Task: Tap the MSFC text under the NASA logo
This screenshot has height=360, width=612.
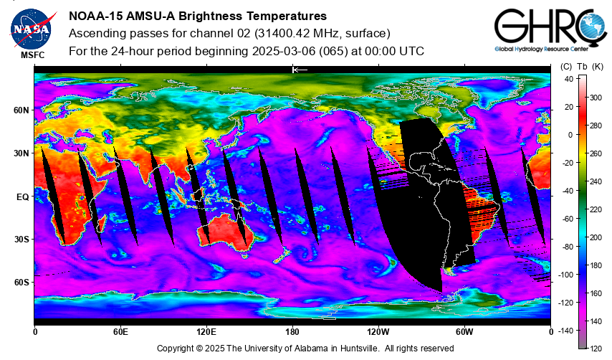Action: pos(33,55)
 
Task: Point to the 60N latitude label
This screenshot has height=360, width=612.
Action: pos(21,110)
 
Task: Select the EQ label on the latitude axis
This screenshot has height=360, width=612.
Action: pos(23,197)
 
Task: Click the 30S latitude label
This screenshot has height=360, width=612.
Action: pos(21,239)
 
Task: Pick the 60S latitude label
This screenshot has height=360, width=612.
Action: pos(21,283)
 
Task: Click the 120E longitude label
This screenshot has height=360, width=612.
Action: pos(206,332)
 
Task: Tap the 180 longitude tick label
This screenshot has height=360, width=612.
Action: pos(292,332)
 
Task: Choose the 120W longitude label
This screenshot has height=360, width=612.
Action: pos(378,332)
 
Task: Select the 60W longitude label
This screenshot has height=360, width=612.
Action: pos(464,332)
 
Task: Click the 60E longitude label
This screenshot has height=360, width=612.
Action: pos(120,332)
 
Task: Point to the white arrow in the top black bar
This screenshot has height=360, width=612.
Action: pos(300,70)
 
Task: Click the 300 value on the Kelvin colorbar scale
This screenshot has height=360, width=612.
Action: pos(596,98)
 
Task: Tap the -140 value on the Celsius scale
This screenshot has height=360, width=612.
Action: pos(565,331)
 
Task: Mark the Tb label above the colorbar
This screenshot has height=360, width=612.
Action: pos(582,67)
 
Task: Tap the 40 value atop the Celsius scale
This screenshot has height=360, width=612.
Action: pos(569,79)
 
